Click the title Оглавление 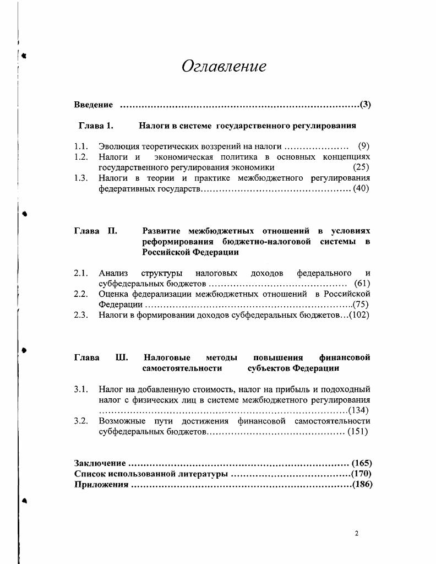(x=224, y=67)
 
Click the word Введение (x=94, y=105)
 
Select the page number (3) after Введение (x=365, y=105)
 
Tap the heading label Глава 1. (x=96, y=126)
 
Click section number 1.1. (x=81, y=147)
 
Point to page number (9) (x=363, y=147)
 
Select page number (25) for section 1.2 (x=361, y=167)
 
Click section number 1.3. (x=81, y=178)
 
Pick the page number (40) (x=361, y=188)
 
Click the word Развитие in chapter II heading (x=162, y=231)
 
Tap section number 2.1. (x=81, y=273)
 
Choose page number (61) (x=362, y=284)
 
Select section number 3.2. (x=81, y=421)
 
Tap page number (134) (x=358, y=410)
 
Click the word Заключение (x=100, y=464)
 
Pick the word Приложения (x=101, y=485)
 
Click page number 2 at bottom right (x=357, y=533)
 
